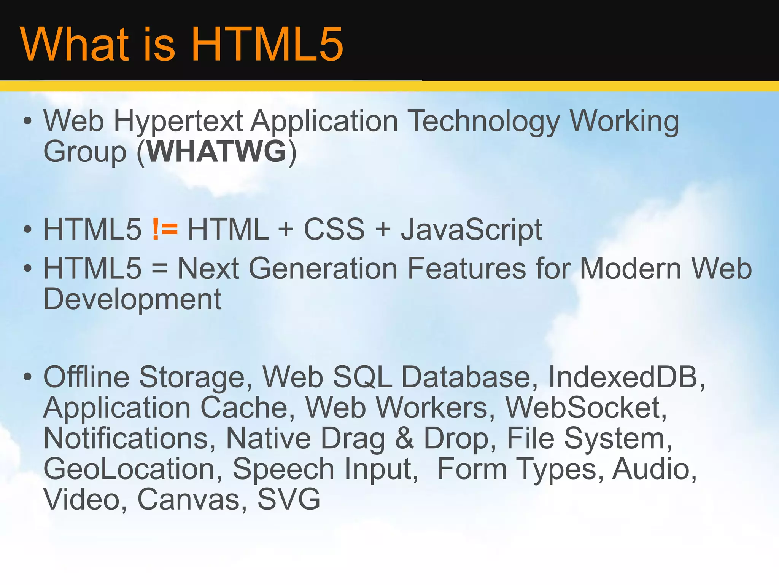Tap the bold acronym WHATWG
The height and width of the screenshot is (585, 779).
pos(216,152)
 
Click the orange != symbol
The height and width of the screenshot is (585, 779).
pos(165,229)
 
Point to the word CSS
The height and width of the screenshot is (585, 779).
pos(334,229)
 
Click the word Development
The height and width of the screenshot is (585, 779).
pos(132,300)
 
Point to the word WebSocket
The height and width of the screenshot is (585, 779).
pos(586,408)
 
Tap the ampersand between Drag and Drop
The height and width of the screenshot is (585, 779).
pos(404,438)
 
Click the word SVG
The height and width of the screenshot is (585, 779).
pos(289,499)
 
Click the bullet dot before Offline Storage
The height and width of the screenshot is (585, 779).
pos(27,377)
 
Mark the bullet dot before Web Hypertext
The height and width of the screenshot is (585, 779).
pos(27,121)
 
